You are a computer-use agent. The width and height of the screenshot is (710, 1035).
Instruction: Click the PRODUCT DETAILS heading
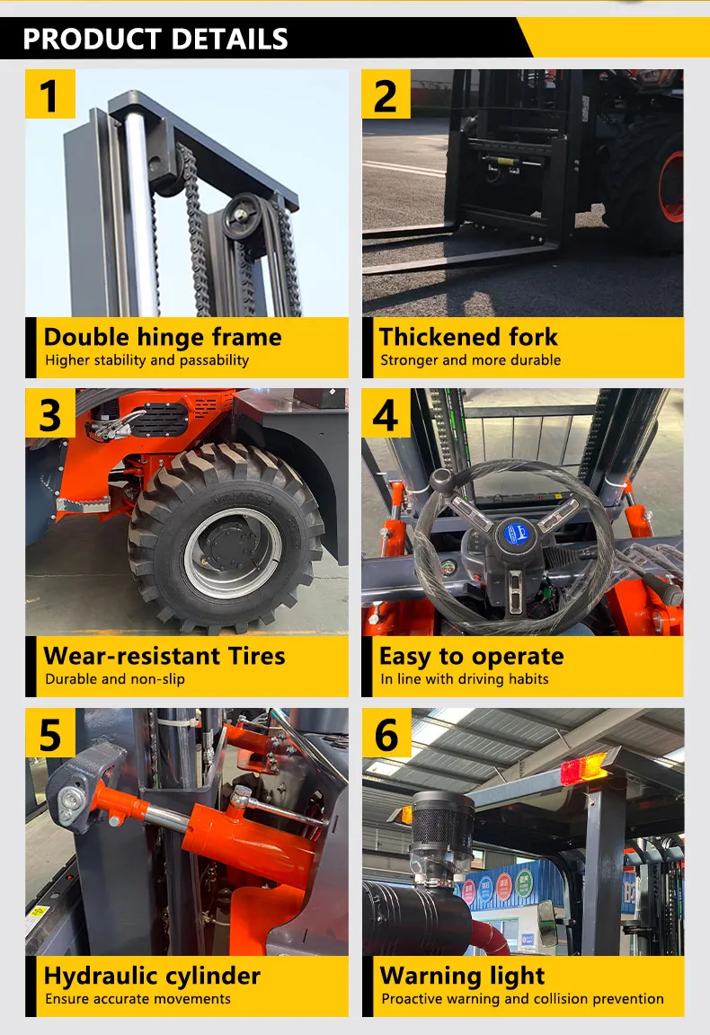pos(155,40)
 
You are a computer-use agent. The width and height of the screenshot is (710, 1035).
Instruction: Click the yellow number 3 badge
pos(49,413)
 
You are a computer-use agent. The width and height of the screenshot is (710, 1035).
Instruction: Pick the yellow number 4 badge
pos(386,413)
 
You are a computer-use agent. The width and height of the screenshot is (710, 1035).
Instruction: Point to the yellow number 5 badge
pos(49,733)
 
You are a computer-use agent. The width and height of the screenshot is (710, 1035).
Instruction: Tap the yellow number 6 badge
pos(386,733)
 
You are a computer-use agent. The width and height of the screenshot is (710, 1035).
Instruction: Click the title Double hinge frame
pos(163,338)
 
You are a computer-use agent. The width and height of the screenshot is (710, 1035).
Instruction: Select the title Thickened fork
pos(468,338)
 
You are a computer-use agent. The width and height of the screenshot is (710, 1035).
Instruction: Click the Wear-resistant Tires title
pos(164,656)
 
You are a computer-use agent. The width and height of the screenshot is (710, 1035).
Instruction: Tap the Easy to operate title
pos(471,656)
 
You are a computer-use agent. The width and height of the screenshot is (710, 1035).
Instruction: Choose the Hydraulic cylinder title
pos(152,976)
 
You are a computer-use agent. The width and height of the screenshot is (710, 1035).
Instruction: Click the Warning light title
pos(462,976)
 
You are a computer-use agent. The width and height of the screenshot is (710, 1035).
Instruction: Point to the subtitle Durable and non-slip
pos(115,679)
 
